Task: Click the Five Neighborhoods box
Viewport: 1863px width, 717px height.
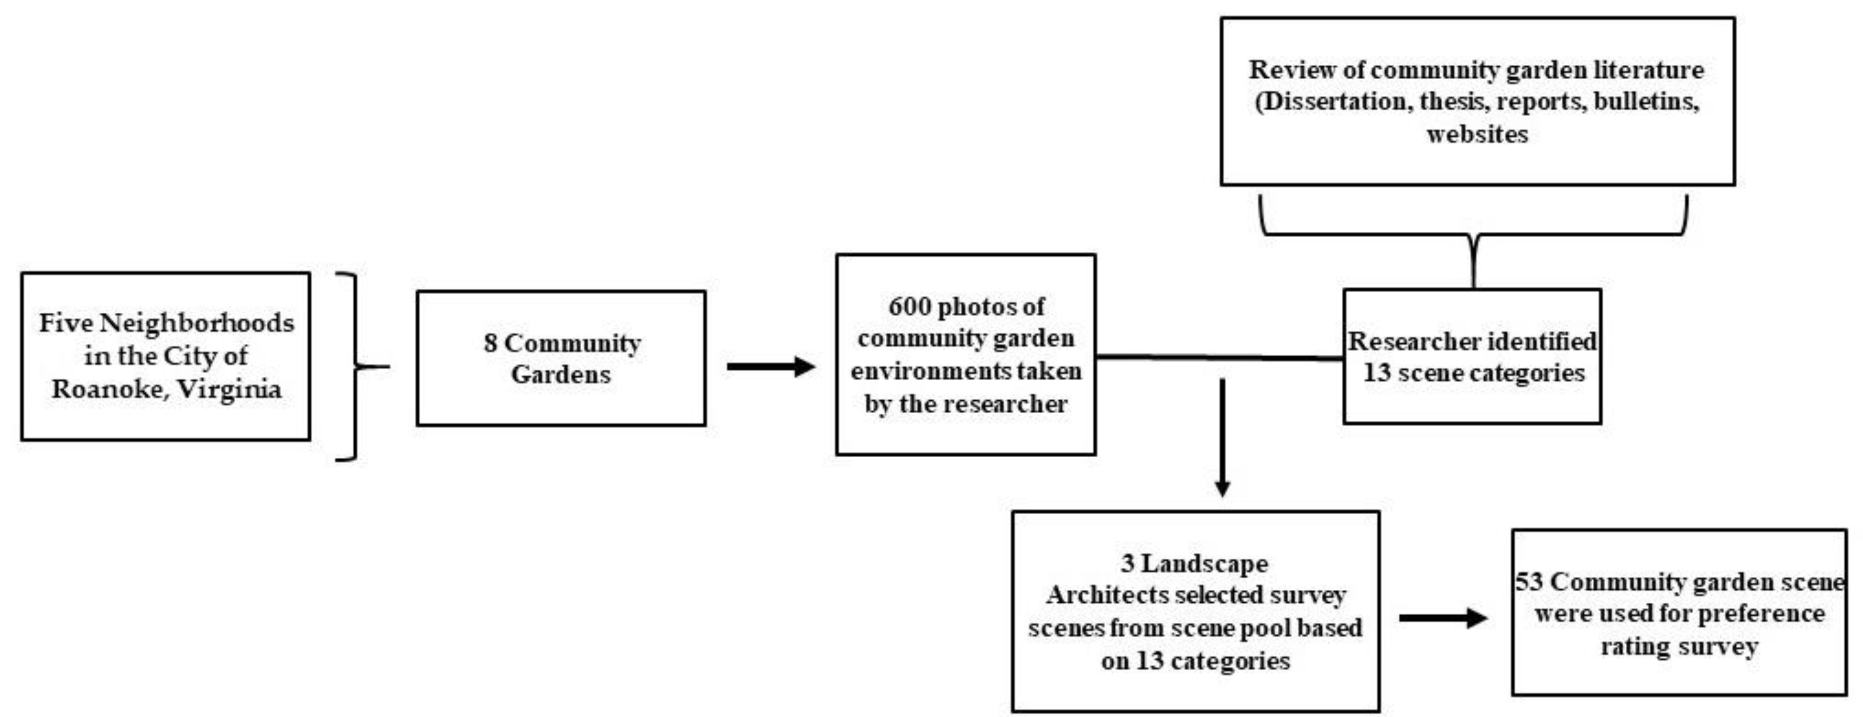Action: [166, 356]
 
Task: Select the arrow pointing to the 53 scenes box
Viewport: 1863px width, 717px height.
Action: [1443, 618]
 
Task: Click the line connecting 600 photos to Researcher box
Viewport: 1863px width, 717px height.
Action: [1219, 357]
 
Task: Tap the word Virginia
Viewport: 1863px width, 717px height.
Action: [229, 389]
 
